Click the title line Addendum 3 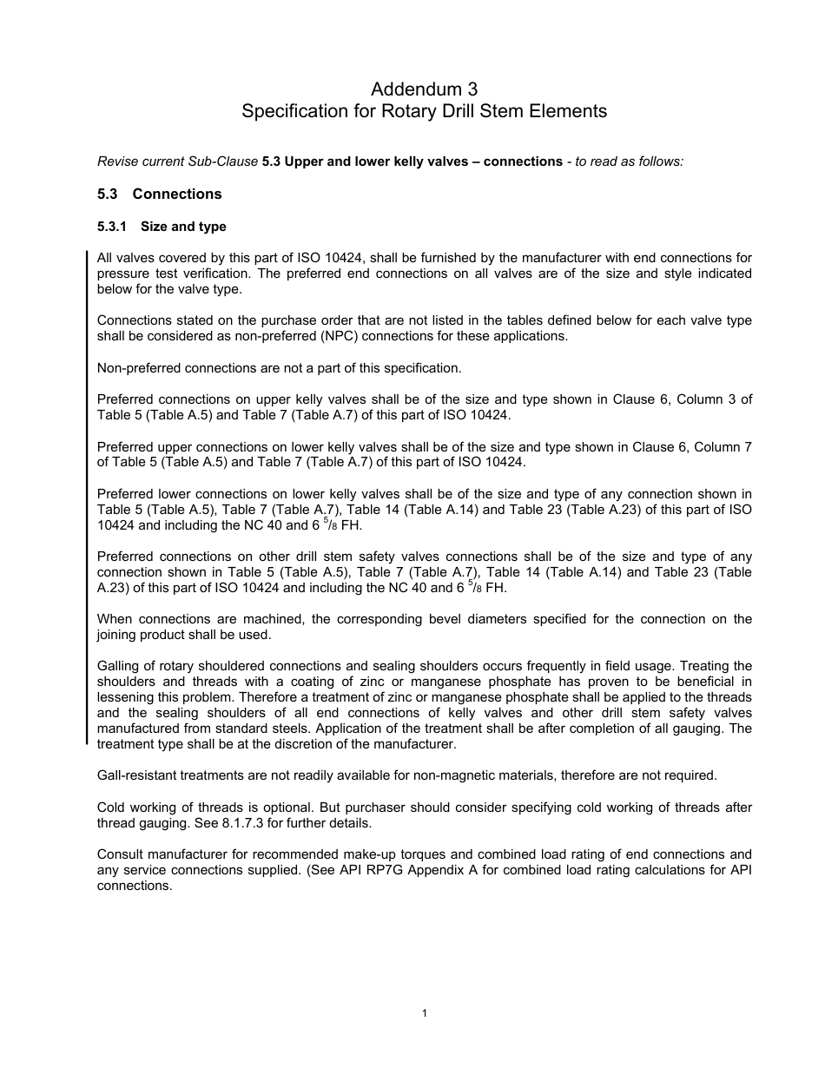(x=424, y=89)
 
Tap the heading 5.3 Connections (x=159, y=194)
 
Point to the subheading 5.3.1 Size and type (x=162, y=227)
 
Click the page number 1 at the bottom (x=424, y=1012)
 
